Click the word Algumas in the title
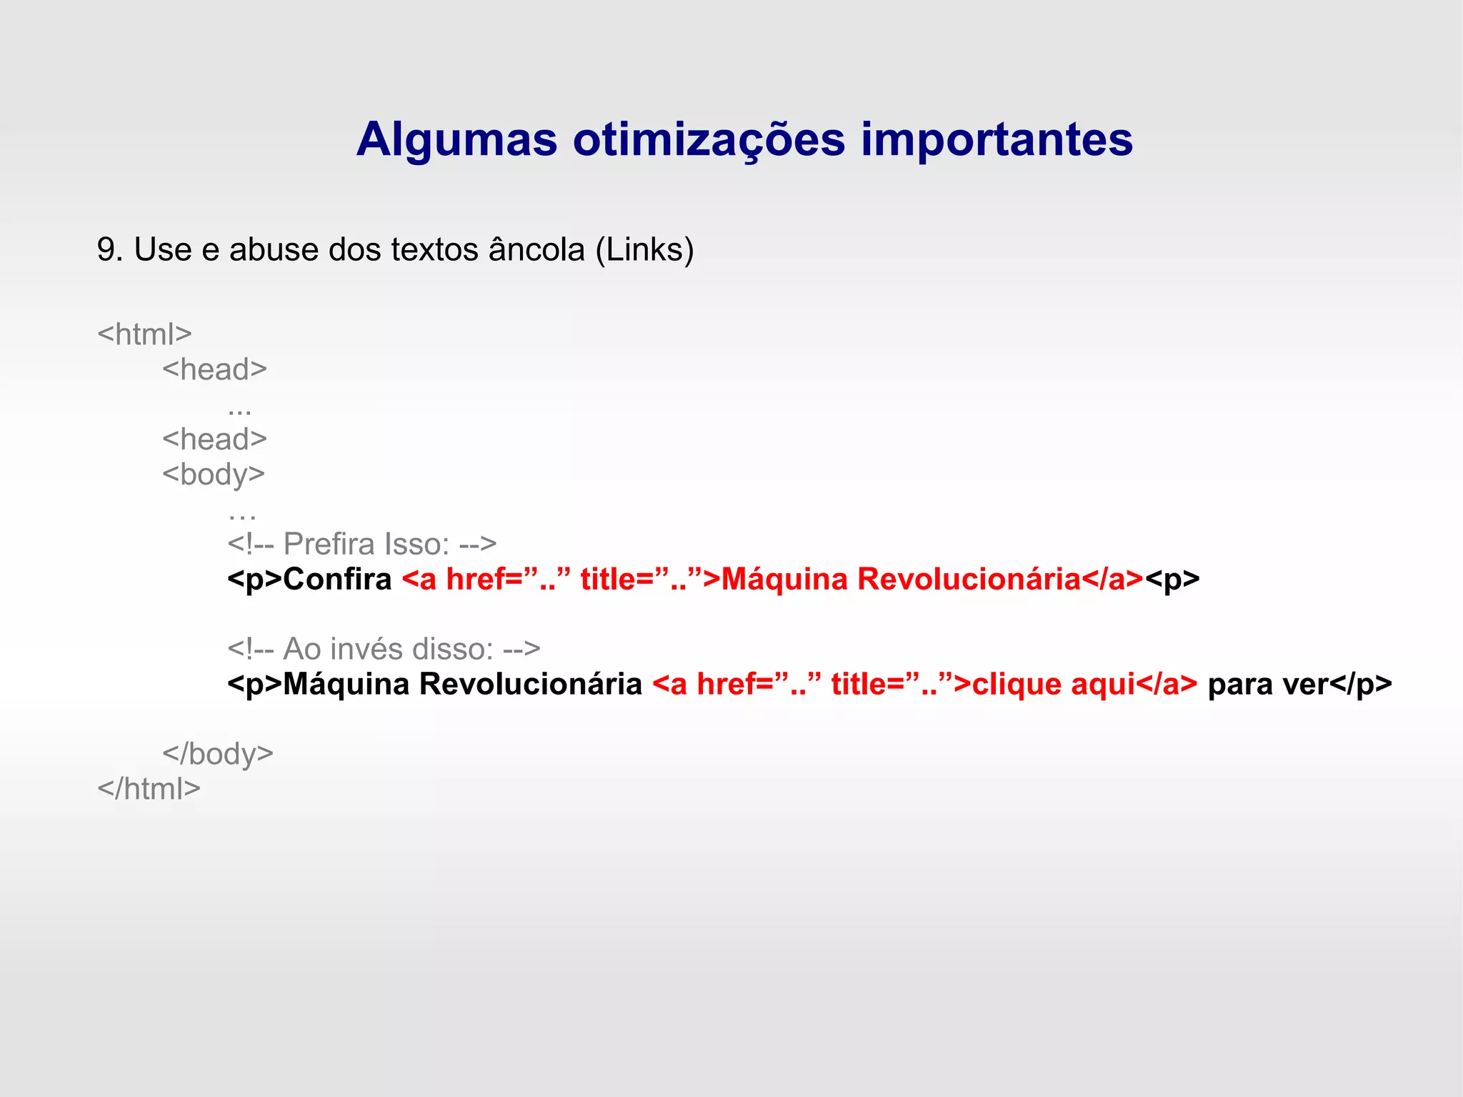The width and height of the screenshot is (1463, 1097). pyautogui.click(x=456, y=140)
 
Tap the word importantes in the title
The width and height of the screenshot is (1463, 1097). pyautogui.click(x=997, y=140)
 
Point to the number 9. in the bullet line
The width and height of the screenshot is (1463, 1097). pyautogui.click(x=110, y=250)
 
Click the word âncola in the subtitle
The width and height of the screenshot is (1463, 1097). pyautogui.click(x=536, y=250)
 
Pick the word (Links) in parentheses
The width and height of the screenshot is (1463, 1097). pyautogui.click(x=644, y=250)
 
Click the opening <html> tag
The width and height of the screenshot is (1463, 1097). pyautogui.click(x=144, y=334)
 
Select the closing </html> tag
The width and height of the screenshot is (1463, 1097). pyautogui.click(x=149, y=789)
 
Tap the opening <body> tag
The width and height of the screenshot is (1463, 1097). pyautogui.click(x=214, y=475)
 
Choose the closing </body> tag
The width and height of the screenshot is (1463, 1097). pyautogui.click(x=218, y=754)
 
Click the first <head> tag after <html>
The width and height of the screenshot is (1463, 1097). pyautogui.click(x=214, y=369)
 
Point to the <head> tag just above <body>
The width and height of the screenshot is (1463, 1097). pyautogui.click(x=214, y=439)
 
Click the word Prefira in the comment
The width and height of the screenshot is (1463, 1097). pyautogui.click(x=329, y=545)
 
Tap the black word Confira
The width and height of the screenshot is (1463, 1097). pyautogui.click(x=337, y=580)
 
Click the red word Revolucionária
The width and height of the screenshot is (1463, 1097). pyautogui.click(x=969, y=580)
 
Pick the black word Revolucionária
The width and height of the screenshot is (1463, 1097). pyautogui.click(x=530, y=685)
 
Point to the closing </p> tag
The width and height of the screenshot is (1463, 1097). pyautogui.click(x=1361, y=685)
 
